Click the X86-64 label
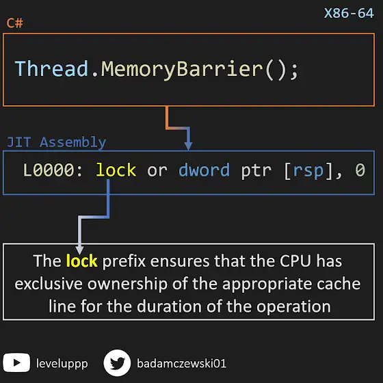[349, 13]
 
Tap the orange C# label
[15, 23]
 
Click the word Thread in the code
[51, 68]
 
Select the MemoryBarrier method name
[182, 70]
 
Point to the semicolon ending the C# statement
[294, 71]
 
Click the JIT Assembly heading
[56, 142]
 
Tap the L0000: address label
[53, 170]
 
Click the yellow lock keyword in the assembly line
[116, 170]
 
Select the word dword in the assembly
[204, 170]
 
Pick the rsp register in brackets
[308, 171]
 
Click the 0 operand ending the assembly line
[360, 170]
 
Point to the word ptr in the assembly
[256, 170]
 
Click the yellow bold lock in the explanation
[81, 261]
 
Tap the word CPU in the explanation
[295, 261]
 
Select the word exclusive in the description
[49, 284]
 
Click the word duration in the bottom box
[169, 306]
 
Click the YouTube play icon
[16, 362]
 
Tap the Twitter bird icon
[117, 363]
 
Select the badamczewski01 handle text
[181, 363]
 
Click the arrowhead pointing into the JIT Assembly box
[188, 146]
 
